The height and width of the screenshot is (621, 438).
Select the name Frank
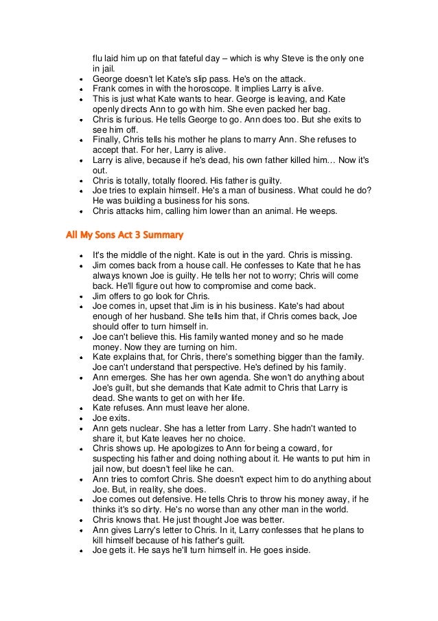104,89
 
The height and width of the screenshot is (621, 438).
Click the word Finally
108,140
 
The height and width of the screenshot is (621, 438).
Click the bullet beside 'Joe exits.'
82,418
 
